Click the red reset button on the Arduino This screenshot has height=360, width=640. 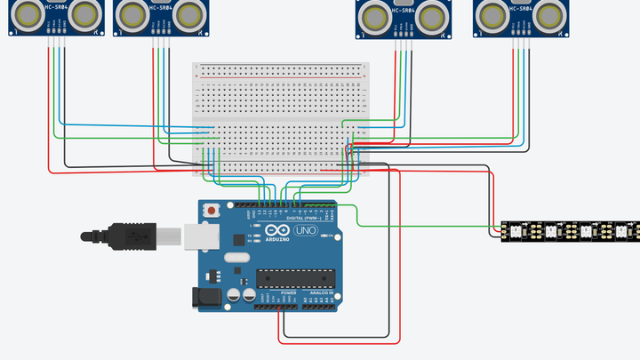212,211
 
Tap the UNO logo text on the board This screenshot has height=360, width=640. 305,230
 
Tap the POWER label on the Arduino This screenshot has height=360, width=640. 288,292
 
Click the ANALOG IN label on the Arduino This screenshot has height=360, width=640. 321,292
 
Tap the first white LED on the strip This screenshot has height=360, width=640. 513,233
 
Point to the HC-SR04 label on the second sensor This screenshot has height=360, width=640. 160,8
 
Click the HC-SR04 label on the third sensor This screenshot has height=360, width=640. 403,8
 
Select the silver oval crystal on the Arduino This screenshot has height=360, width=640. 236,259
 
